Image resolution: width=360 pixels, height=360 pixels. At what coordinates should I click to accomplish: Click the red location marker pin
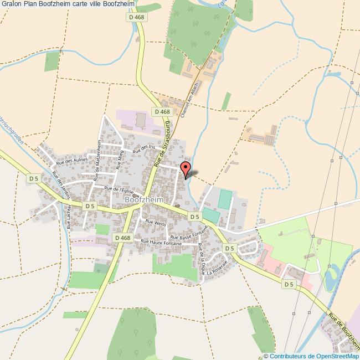pyautogui.click(x=186, y=168)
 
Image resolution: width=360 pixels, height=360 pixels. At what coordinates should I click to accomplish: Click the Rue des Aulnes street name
pyautogui.click(x=69, y=161)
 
